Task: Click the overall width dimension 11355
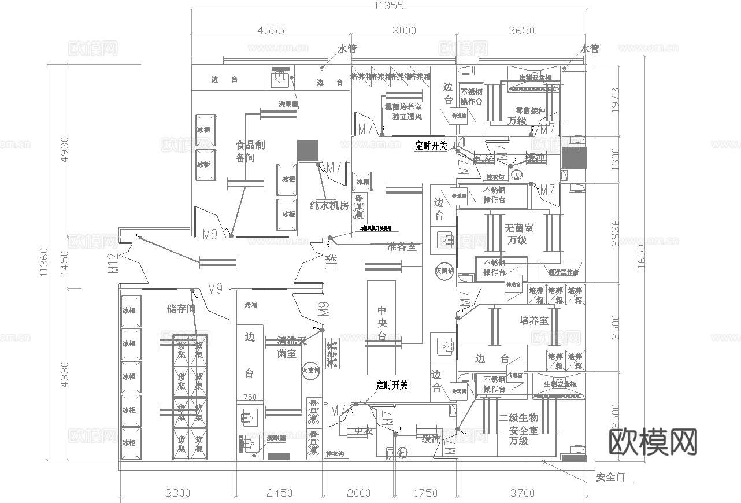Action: (x=389, y=6)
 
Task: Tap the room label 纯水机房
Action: (x=329, y=205)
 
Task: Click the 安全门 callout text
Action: (x=614, y=478)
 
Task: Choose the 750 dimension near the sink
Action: (x=250, y=397)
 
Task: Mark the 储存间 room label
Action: (x=181, y=309)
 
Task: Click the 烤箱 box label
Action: (x=250, y=305)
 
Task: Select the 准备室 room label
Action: (x=401, y=246)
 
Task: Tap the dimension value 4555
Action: (x=271, y=31)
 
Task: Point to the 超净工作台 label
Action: (x=563, y=272)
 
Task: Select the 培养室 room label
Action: (x=533, y=320)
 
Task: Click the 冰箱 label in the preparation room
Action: (x=362, y=182)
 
